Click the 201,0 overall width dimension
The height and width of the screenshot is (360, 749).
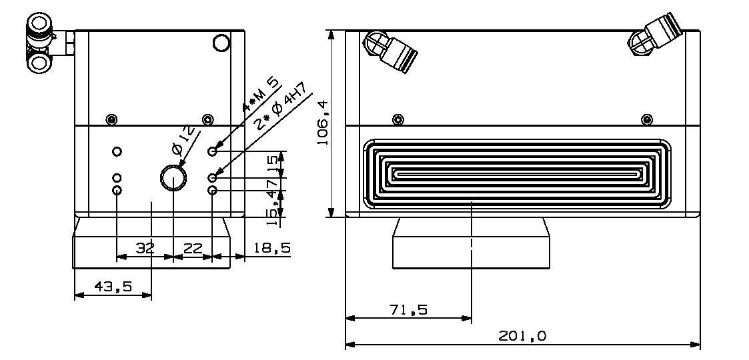[x=522, y=337]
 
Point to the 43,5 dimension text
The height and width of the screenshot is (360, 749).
[x=113, y=287]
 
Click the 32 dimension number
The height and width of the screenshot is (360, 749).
[x=145, y=248]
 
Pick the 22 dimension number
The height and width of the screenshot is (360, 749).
[x=193, y=248]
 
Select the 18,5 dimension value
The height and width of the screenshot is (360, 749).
[x=271, y=248]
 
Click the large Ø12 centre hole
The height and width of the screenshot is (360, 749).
[x=173, y=178]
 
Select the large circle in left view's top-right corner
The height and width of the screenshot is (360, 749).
[x=221, y=44]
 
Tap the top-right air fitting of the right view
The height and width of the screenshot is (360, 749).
[x=656, y=37]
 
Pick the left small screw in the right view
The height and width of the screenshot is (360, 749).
[x=398, y=119]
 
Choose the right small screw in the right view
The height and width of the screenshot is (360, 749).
[x=646, y=119]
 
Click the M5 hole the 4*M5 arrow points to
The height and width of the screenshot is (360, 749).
[x=213, y=151]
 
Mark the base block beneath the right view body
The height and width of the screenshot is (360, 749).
[x=472, y=244]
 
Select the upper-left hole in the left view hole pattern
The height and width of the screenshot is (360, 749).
[x=117, y=151]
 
